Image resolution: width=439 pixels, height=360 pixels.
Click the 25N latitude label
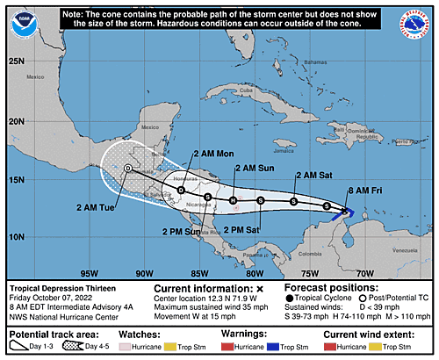(x=16, y=61)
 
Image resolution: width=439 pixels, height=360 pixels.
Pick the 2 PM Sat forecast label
(x=242, y=229)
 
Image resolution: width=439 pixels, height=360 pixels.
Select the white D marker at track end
(x=127, y=168)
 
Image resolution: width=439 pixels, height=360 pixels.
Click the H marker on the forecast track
(x=234, y=200)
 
